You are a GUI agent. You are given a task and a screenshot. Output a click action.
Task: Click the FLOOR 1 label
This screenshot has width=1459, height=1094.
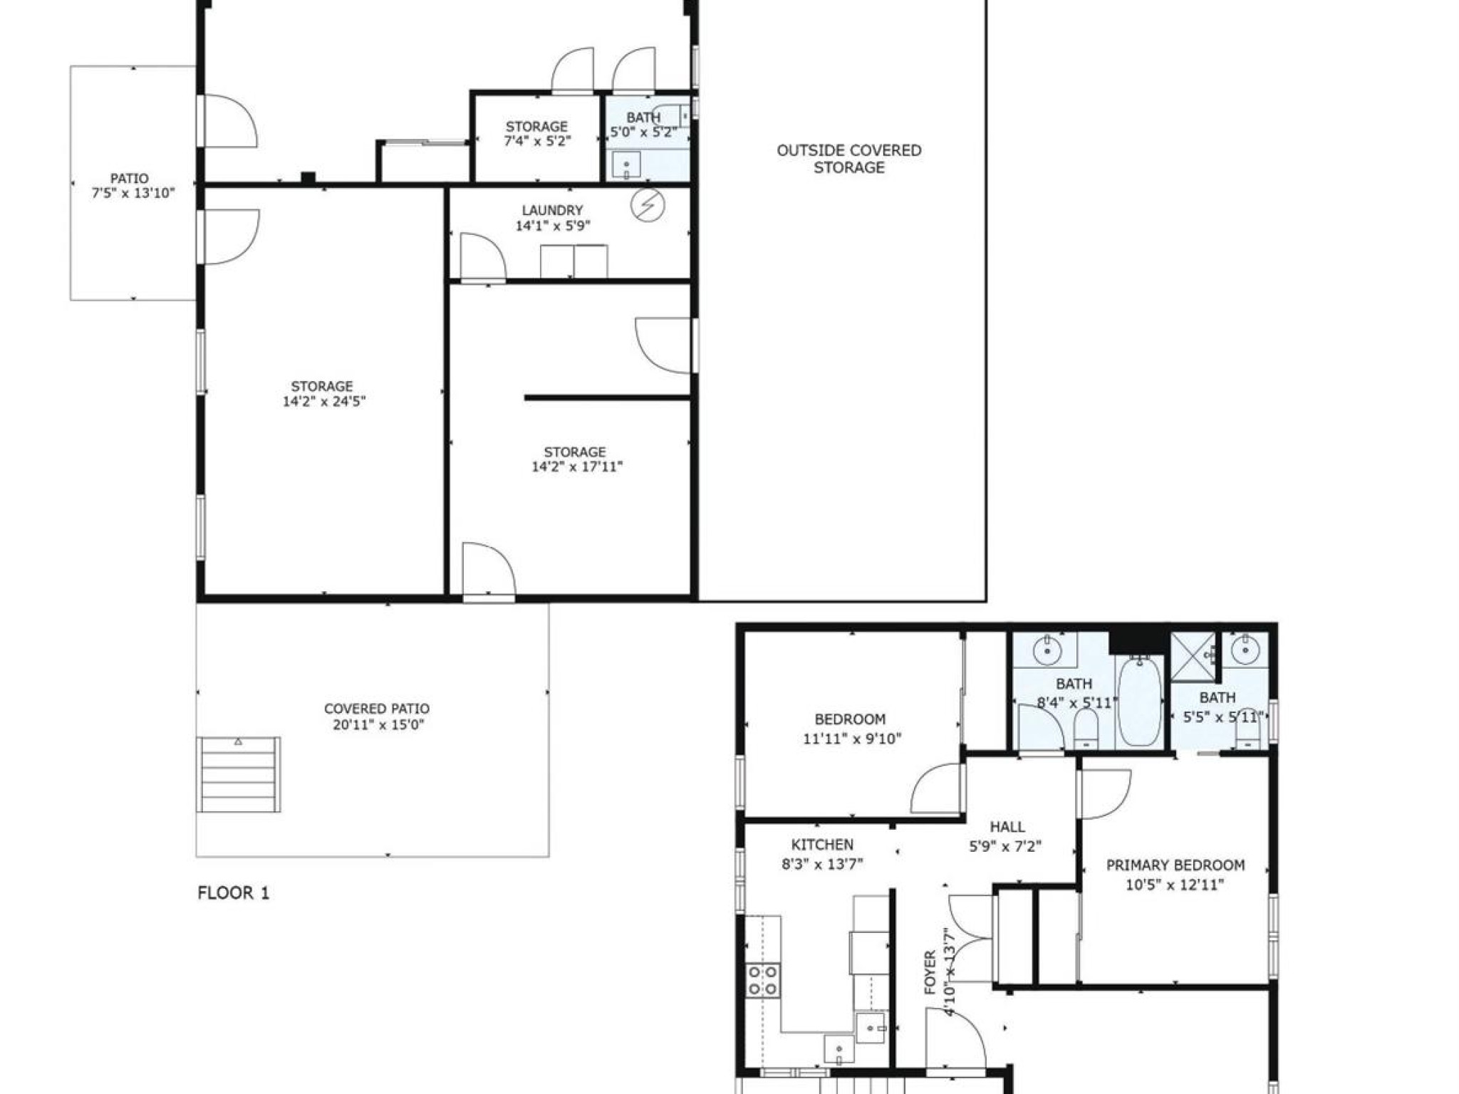(x=233, y=893)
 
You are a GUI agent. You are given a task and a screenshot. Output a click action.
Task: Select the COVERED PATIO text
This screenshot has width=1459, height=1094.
(x=376, y=709)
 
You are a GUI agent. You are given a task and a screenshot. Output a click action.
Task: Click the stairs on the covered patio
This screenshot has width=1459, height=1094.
(x=238, y=774)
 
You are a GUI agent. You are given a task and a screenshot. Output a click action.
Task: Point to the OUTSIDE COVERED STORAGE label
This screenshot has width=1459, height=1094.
(x=848, y=159)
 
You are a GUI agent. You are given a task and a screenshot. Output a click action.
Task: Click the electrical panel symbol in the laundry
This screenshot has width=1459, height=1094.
(x=648, y=206)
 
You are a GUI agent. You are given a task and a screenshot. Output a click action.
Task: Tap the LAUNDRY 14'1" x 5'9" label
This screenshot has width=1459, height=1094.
(x=552, y=218)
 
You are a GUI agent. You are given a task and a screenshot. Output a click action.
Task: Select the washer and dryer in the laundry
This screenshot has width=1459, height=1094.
(x=573, y=261)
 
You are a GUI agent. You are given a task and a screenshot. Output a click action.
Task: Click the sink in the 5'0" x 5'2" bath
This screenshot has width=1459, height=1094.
(x=626, y=166)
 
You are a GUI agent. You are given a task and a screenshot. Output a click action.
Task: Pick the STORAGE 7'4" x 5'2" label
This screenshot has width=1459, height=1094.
(x=536, y=134)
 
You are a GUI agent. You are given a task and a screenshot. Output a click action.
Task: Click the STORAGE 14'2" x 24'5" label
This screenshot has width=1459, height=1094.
(x=323, y=394)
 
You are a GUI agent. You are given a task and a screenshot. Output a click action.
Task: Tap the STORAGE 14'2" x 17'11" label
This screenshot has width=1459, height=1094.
(x=576, y=459)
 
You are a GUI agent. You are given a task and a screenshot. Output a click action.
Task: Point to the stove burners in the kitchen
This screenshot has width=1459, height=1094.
(x=762, y=980)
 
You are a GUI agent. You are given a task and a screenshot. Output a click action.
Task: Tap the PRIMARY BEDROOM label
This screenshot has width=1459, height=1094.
(x=1175, y=865)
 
